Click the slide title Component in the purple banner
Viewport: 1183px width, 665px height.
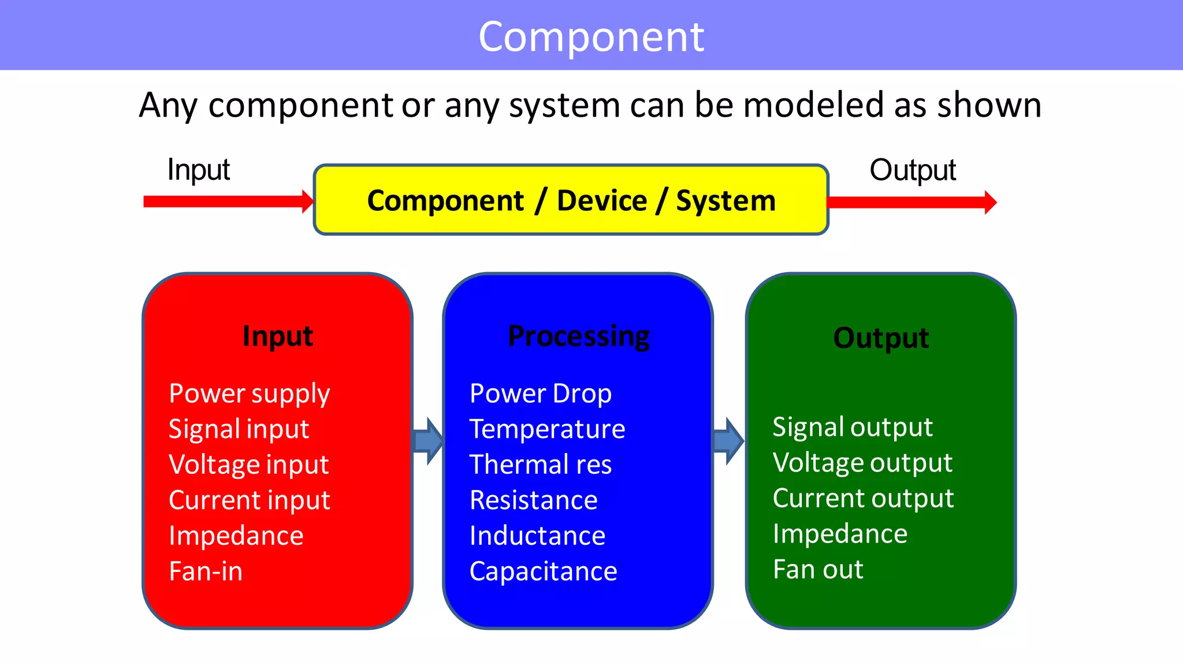click(x=591, y=36)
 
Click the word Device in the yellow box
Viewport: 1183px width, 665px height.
click(x=602, y=200)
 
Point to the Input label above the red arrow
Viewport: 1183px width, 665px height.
click(x=198, y=170)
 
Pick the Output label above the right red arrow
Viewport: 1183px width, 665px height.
click(x=913, y=170)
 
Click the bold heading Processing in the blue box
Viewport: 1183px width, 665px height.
click(x=578, y=336)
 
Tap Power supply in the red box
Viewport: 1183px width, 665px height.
click(x=249, y=394)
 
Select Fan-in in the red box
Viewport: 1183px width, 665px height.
click(x=206, y=571)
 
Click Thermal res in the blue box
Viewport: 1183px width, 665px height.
click(x=540, y=465)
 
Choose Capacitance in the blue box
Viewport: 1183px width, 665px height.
click(x=543, y=571)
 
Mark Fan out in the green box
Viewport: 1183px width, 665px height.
click(x=818, y=570)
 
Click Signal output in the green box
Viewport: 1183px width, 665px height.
click(x=853, y=428)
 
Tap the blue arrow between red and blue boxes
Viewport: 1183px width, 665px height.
click(x=428, y=441)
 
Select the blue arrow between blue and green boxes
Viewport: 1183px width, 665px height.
click(x=728, y=441)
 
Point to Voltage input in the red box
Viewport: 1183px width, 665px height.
click(x=248, y=465)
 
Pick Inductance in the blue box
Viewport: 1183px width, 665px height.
click(x=537, y=536)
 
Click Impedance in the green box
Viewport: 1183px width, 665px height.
click(x=840, y=534)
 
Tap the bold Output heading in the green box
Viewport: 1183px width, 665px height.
click(x=881, y=337)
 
